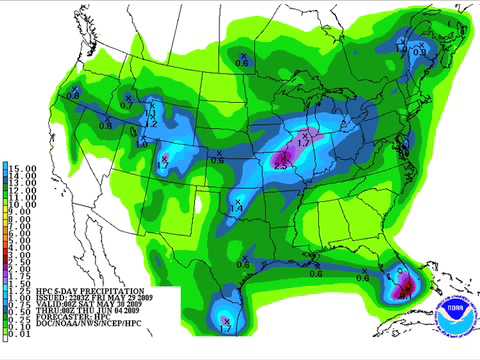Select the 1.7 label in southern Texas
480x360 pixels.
[x=226, y=328]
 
